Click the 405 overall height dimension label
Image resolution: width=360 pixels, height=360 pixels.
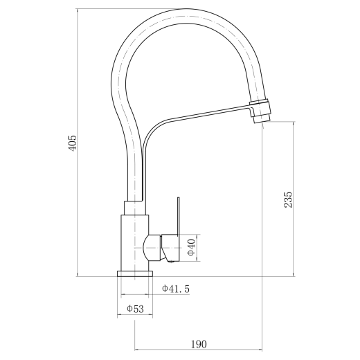[x=73, y=143]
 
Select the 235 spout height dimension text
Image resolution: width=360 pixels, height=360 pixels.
[x=288, y=200]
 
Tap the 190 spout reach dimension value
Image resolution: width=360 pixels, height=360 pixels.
[x=199, y=344]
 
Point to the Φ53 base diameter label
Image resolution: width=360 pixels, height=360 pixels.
[x=135, y=309]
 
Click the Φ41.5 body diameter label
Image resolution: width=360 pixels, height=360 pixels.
[x=176, y=289]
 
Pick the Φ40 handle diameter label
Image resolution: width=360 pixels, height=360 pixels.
[x=192, y=247]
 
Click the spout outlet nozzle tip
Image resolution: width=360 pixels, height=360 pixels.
[x=262, y=118]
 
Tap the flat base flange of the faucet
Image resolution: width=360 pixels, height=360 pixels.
[x=135, y=273]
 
